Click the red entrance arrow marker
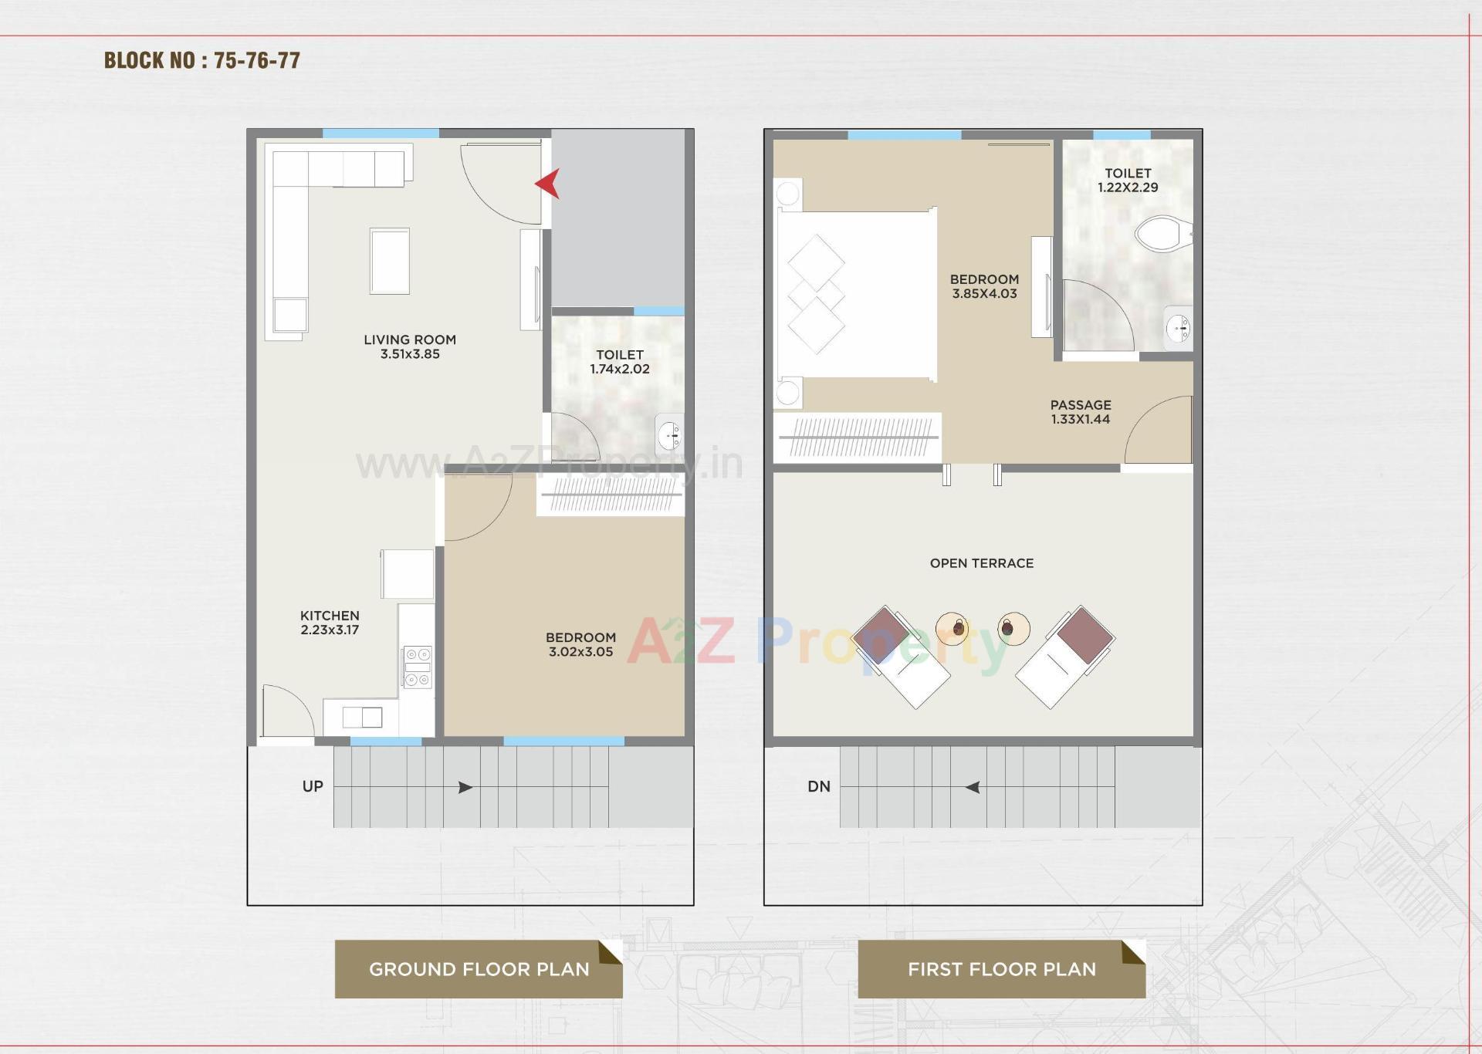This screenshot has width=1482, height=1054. pos(548,184)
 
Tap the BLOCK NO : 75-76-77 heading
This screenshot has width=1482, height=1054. pos(202,61)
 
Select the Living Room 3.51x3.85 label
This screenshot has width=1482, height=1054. pos(410,346)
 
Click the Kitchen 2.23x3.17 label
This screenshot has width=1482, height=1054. pos(330,623)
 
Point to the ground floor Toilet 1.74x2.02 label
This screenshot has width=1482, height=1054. pos(620,362)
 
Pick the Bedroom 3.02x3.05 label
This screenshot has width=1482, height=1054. pos(580,644)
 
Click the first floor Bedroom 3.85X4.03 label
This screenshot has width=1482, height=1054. pos(984,286)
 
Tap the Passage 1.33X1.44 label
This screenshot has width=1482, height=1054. pos(1081,412)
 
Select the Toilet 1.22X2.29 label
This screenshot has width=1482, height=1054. pos(1128,181)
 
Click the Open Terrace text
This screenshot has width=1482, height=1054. pos(981,563)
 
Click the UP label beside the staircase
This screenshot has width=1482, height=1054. pos(313,786)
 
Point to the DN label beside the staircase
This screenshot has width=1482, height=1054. pos(819,786)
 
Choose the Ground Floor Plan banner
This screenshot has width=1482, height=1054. pos(479,969)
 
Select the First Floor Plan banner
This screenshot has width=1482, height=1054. pos(1001,969)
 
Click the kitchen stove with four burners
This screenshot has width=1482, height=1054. pos(418,667)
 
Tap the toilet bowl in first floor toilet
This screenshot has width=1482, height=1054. pos(1162,233)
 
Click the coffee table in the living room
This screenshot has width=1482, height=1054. pos(390,261)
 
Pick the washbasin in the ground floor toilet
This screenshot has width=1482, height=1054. pos(668,436)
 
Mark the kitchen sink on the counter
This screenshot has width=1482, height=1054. pos(362,717)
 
